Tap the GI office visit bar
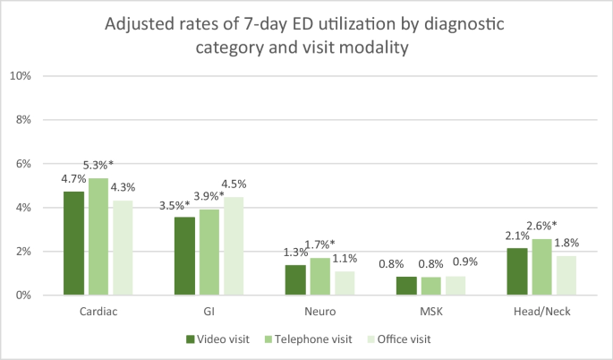232,246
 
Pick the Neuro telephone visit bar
319,277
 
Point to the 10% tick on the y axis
21,76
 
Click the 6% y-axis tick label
23,164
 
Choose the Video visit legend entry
219,339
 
